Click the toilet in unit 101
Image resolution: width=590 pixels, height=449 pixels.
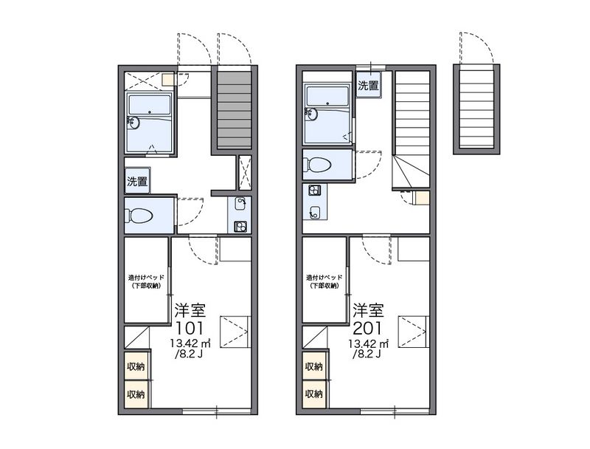(x=141, y=216)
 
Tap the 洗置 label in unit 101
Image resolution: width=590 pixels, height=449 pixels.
(x=137, y=181)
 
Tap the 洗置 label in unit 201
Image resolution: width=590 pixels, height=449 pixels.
(x=368, y=86)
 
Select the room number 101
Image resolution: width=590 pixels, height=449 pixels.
(x=190, y=328)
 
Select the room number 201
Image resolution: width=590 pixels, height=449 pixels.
(x=367, y=328)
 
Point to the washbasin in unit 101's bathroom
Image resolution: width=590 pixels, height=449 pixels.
(x=134, y=122)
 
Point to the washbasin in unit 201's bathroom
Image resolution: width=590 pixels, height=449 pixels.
(x=312, y=114)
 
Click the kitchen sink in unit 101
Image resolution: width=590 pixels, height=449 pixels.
(x=240, y=204)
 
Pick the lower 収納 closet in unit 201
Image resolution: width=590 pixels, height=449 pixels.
(x=315, y=394)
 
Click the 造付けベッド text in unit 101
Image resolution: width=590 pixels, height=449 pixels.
(x=146, y=278)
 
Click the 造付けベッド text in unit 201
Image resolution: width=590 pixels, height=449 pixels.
(x=324, y=278)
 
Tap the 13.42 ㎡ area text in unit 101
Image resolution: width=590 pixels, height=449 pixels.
(x=190, y=343)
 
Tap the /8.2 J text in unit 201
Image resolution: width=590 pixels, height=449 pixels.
(x=367, y=354)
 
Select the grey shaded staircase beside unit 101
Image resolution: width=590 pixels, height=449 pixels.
(x=235, y=109)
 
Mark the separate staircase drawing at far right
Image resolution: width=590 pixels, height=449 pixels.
(x=476, y=109)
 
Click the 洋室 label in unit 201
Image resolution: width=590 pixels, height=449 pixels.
(x=368, y=310)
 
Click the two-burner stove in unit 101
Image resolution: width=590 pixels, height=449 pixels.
(x=240, y=227)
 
